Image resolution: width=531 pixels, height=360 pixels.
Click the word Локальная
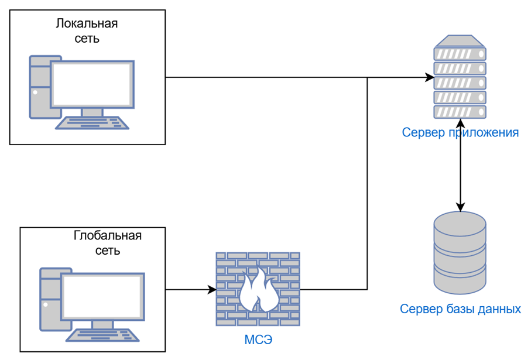coord(87,23)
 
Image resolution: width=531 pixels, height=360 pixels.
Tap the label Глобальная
coord(107,235)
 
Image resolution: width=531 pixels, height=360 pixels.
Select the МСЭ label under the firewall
coord(258,340)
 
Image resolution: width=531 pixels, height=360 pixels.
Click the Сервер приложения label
coord(460,132)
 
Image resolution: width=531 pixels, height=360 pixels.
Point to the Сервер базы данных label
coord(460,309)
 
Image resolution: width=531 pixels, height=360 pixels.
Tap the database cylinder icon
coord(460,253)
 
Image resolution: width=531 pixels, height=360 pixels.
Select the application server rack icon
coord(460,77)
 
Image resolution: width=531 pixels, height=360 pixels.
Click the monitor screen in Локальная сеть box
coord(92,84)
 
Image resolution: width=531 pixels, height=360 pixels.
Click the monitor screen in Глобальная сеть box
coord(102,297)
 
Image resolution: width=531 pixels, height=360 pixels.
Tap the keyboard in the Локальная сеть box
coord(92,123)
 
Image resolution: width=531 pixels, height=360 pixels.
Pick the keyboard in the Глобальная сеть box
coord(102,335)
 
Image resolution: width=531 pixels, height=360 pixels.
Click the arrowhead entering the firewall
coord(213,290)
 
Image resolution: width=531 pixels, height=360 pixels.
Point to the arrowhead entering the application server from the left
coord(430,77)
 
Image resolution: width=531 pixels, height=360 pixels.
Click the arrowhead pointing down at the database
coord(460,207)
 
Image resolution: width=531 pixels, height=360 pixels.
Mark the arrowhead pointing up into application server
coord(460,124)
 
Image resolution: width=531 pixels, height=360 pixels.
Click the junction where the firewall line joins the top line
coord(368,77)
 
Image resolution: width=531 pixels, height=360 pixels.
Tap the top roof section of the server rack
coord(460,40)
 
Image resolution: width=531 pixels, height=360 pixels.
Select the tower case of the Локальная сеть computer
coord(40,87)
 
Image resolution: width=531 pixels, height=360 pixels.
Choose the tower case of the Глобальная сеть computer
coord(51,299)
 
